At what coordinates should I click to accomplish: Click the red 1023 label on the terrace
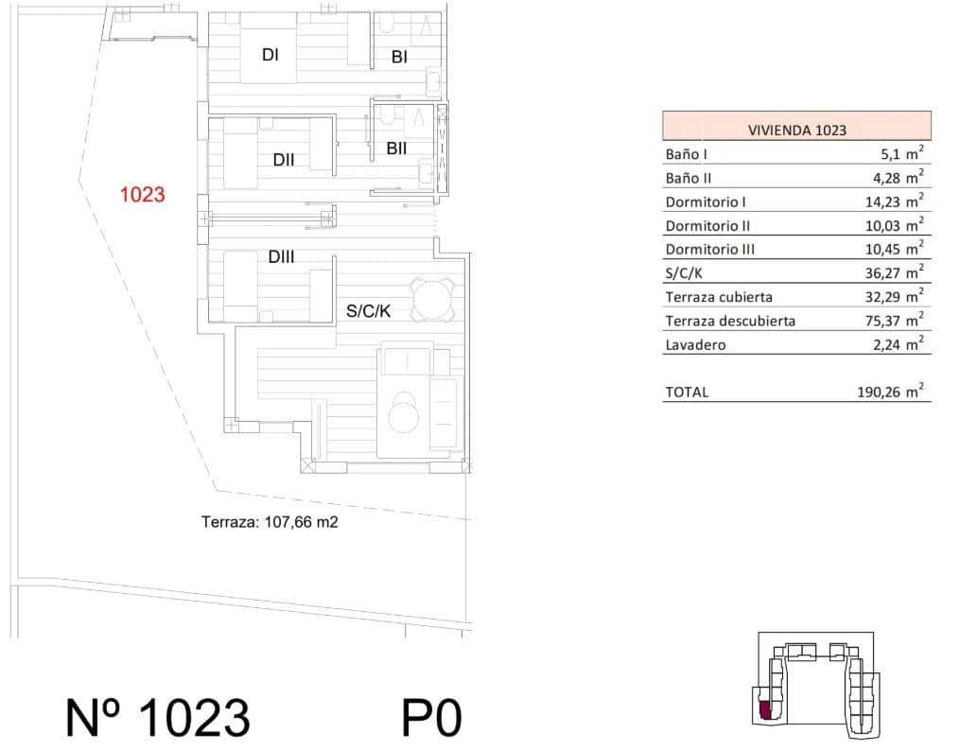click(143, 196)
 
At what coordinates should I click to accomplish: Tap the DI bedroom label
click(270, 55)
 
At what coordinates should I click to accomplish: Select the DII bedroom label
click(284, 160)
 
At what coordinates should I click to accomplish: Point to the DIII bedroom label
click(280, 256)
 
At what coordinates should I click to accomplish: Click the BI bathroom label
click(399, 58)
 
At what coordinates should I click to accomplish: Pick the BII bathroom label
click(396, 148)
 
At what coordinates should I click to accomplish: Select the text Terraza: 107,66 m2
click(270, 521)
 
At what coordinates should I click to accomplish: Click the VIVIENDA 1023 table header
click(796, 131)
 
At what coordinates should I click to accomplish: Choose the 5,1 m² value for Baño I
click(900, 153)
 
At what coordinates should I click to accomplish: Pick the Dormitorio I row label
click(706, 201)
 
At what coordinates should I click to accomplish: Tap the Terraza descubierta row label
click(730, 321)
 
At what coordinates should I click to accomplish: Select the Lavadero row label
click(695, 345)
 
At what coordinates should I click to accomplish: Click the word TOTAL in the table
click(687, 392)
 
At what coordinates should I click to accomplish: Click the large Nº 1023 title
click(158, 718)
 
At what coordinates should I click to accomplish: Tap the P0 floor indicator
click(431, 718)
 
